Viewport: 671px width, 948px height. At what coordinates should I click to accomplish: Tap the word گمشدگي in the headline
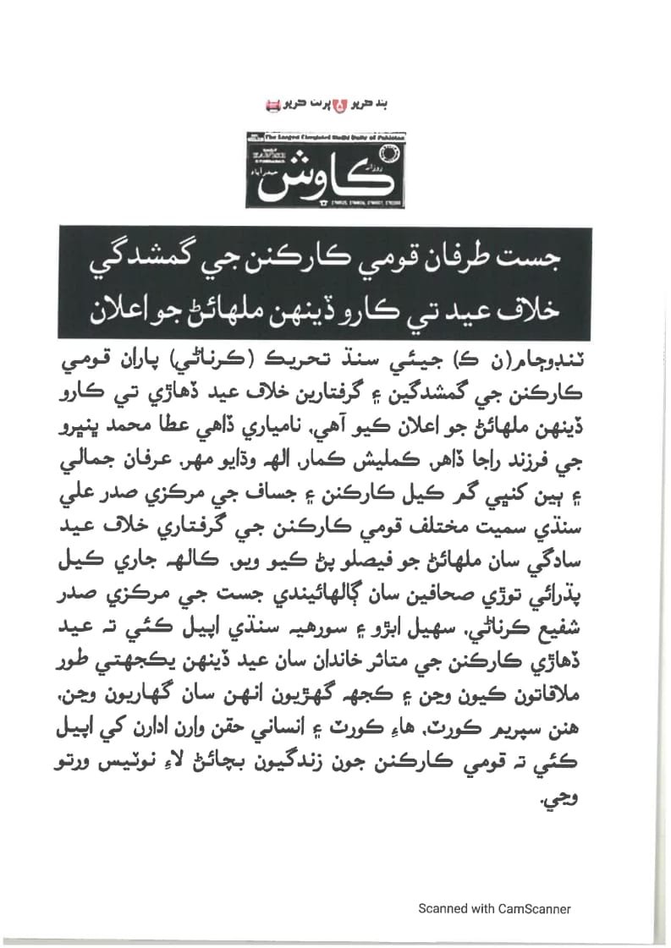pyautogui.click(x=136, y=255)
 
